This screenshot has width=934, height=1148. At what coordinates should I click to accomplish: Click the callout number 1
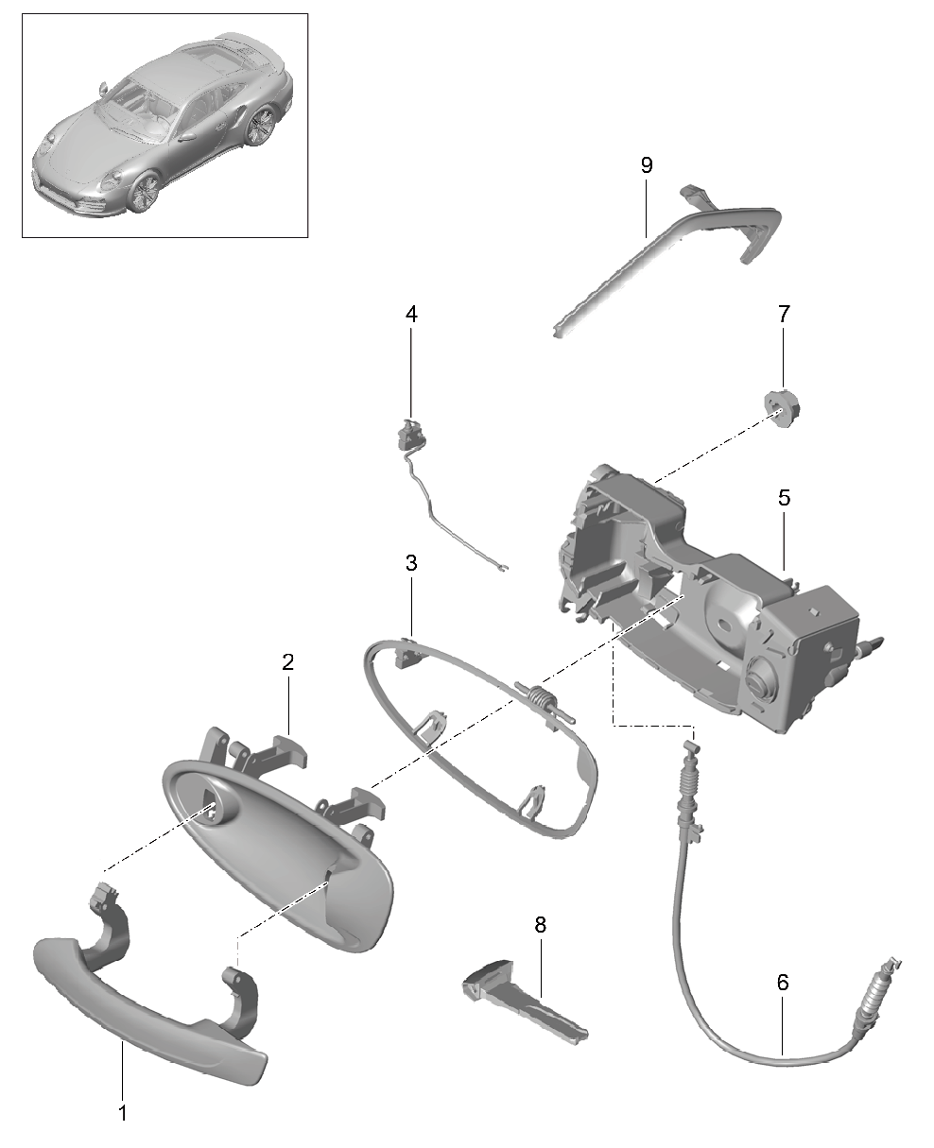pyautogui.click(x=123, y=1111)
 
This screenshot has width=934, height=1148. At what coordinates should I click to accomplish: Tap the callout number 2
pyautogui.click(x=288, y=661)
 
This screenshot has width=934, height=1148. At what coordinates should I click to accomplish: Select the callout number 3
pyautogui.click(x=411, y=563)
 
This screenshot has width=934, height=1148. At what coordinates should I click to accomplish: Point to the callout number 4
pyautogui.click(x=411, y=315)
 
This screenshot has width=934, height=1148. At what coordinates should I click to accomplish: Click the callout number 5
pyautogui.click(x=784, y=497)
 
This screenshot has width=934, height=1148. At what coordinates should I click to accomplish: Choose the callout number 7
pyautogui.click(x=784, y=314)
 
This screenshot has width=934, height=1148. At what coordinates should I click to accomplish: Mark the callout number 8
pyautogui.click(x=540, y=925)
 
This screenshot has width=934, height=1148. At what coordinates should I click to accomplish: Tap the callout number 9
pyautogui.click(x=647, y=165)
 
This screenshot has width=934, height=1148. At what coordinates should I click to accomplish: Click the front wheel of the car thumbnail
pyautogui.click(x=145, y=192)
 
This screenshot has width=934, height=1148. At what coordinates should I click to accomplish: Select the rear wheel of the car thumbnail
pyautogui.click(x=259, y=125)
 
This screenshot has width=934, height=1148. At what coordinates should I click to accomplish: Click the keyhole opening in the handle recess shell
pyautogui.click(x=216, y=807)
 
